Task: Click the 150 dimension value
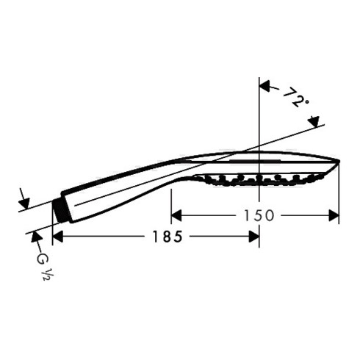pyautogui.click(x=259, y=216)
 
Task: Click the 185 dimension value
pyautogui.click(x=168, y=237)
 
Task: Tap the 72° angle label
pyautogui.click(x=295, y=97)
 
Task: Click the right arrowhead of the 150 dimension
pyautogui.click(x=334, y=215)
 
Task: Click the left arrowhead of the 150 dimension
pyautogui.click(x=176, y=215)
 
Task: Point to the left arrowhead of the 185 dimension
pyautogui.click(x=58, y=237)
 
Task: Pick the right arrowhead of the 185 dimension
pyautogui.click(x=254, y=237)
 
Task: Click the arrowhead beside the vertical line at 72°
pyautogui.click(x=265, y=86)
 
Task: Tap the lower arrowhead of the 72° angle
pyautogui.click(x=314, y=122)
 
